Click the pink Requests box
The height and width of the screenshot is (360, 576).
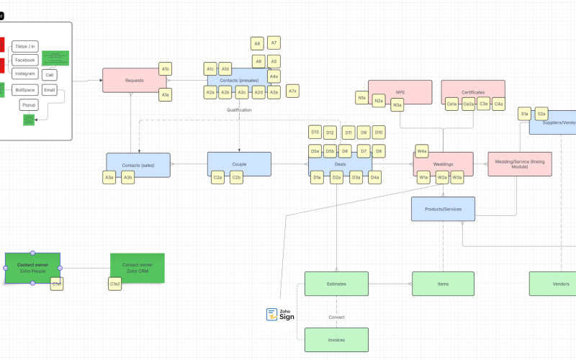click(x=134, y=80)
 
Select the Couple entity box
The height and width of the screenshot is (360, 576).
click(x=239, y=164)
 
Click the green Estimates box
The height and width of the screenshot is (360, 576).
click(x=336, y=284)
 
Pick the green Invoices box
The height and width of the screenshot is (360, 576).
click(x=336, y=339)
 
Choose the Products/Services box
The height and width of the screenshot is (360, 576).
click(x=443, y=208)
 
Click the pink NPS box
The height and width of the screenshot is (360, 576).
click(x=400, y=92)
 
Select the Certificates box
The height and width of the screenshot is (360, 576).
click(x=473, y=92)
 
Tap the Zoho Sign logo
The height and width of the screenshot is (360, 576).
click(x=281, y=314)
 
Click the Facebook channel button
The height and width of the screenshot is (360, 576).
click(x=25, y=60)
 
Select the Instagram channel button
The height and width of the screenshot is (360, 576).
click(x=25, y=73)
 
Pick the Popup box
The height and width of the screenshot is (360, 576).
click(x=28, y=104)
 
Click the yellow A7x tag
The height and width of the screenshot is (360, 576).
click(x=292, y=91)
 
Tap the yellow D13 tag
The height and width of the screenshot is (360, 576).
click(x=315, y=132)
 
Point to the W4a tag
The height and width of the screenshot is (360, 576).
click(x=422, y=151)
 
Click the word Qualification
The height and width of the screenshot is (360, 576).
click(x=239, y=110)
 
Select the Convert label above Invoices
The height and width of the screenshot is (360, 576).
click(x=336, y=317)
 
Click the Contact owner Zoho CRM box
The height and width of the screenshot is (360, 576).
click(x=137, y=268)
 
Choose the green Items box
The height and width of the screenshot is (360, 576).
click(x=443, y=284)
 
